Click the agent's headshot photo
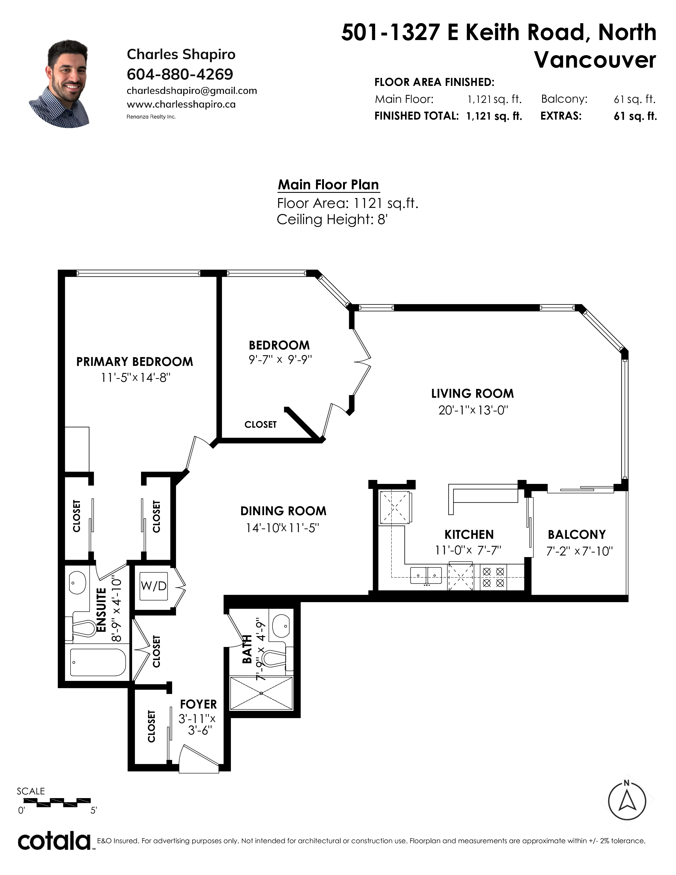pyautogui.click(x=59, y=84)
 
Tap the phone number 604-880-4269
pyautogui.click(x=180, y=74)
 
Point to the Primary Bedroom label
pyautogui.click(x=135, y=362)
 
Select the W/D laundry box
pyautogui.click(x=154, y=587)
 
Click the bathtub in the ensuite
pyautogui.click(x=98, y=662)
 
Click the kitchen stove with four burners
pyautogui.click(x=493, y=577)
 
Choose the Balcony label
pyautogui.click(x=577, y=535)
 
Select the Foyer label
pyautogui.click(x=198, y=704)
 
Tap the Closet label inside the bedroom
pyautogui.click(x=260, y=424)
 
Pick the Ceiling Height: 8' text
pyautogui.click(x=332, y=220)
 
